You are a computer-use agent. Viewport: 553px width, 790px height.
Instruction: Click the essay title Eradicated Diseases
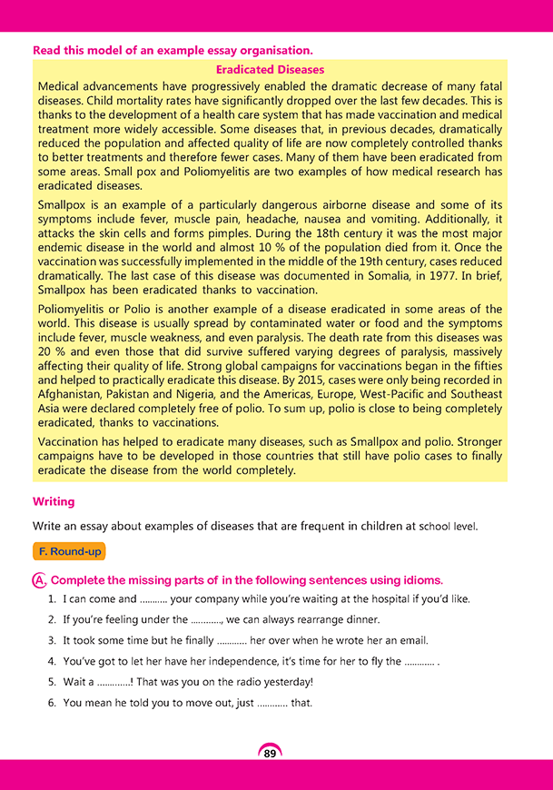coord(270,69)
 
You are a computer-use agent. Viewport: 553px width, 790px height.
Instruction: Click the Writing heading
coord(54,501)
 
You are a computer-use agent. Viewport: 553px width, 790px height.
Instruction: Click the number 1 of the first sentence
coord(51,599)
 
